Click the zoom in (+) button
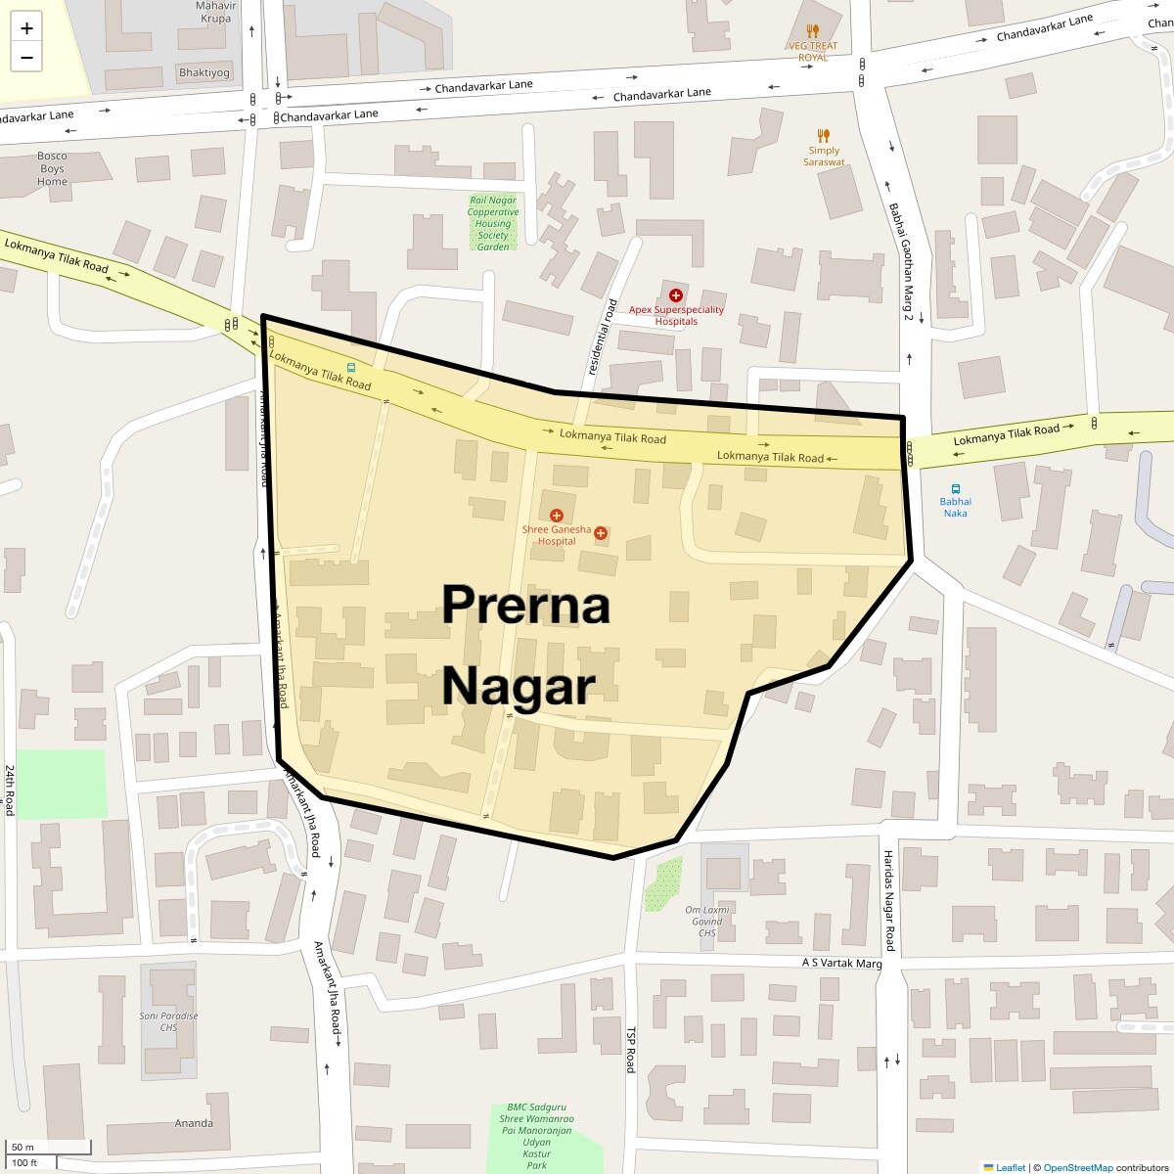[x=26, y=28]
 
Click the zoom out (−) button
[x=26, y=58]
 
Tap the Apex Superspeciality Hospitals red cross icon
[x=675, y=294]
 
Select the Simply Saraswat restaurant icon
[x=824, y=136]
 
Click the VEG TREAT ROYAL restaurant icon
[x=813, y=31]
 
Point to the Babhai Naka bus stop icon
[x=955, y=489]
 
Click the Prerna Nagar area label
[x=525, y=645]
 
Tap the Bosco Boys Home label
[x=53, y=168]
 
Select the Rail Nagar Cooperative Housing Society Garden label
[x=493, y=223]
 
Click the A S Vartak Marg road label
[x=841, y=963]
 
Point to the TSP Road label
[x=631, y=1050]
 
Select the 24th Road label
[x=10, y=790]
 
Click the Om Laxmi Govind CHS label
[x=707, y=922]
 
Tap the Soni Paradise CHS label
[x=168, y=1021]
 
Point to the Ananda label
[x=194, y=1123]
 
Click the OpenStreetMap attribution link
[x=1077, y=1167]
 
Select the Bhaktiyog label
[x=204, y=72]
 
